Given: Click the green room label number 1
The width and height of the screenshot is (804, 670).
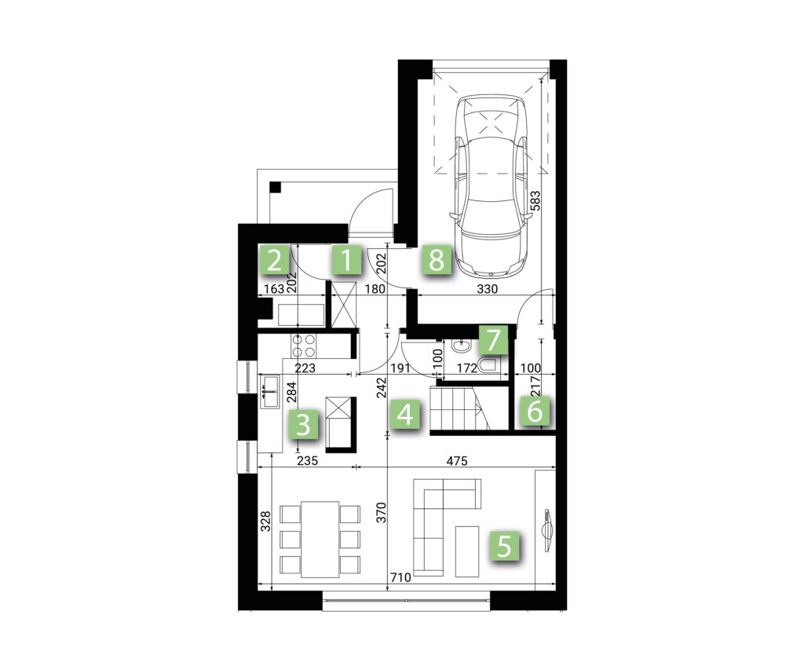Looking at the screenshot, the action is coord(346,260).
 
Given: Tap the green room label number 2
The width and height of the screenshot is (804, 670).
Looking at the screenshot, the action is coord(274,260).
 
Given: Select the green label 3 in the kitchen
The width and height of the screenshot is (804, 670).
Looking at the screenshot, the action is coord(304,425).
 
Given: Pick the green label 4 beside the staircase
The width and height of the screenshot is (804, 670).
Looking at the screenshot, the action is coord(405,414).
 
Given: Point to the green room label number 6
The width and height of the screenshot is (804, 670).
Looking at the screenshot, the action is coord(535,411).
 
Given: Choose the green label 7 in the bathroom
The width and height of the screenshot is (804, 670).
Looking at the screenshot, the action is coord(493,340).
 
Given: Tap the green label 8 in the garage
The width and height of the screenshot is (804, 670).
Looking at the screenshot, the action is coord(437,260).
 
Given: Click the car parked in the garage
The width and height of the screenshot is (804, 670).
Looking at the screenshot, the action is coord(491,185).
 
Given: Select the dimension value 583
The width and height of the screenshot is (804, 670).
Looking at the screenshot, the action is coord(535,202).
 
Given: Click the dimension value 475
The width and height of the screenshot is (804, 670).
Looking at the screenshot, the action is coord(456,461).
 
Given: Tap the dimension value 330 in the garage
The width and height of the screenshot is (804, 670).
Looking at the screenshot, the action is coord(487,289).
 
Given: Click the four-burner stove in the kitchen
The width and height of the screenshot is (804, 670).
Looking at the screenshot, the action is coord(303,346).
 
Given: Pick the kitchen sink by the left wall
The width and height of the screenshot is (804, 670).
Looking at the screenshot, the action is coord(270,392).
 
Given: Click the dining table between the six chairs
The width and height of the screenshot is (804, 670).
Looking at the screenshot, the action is coord(320,540).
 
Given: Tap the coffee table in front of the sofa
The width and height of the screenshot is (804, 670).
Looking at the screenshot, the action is coord(466,551).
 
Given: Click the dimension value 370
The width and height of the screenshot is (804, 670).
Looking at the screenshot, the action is coord(382,513).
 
